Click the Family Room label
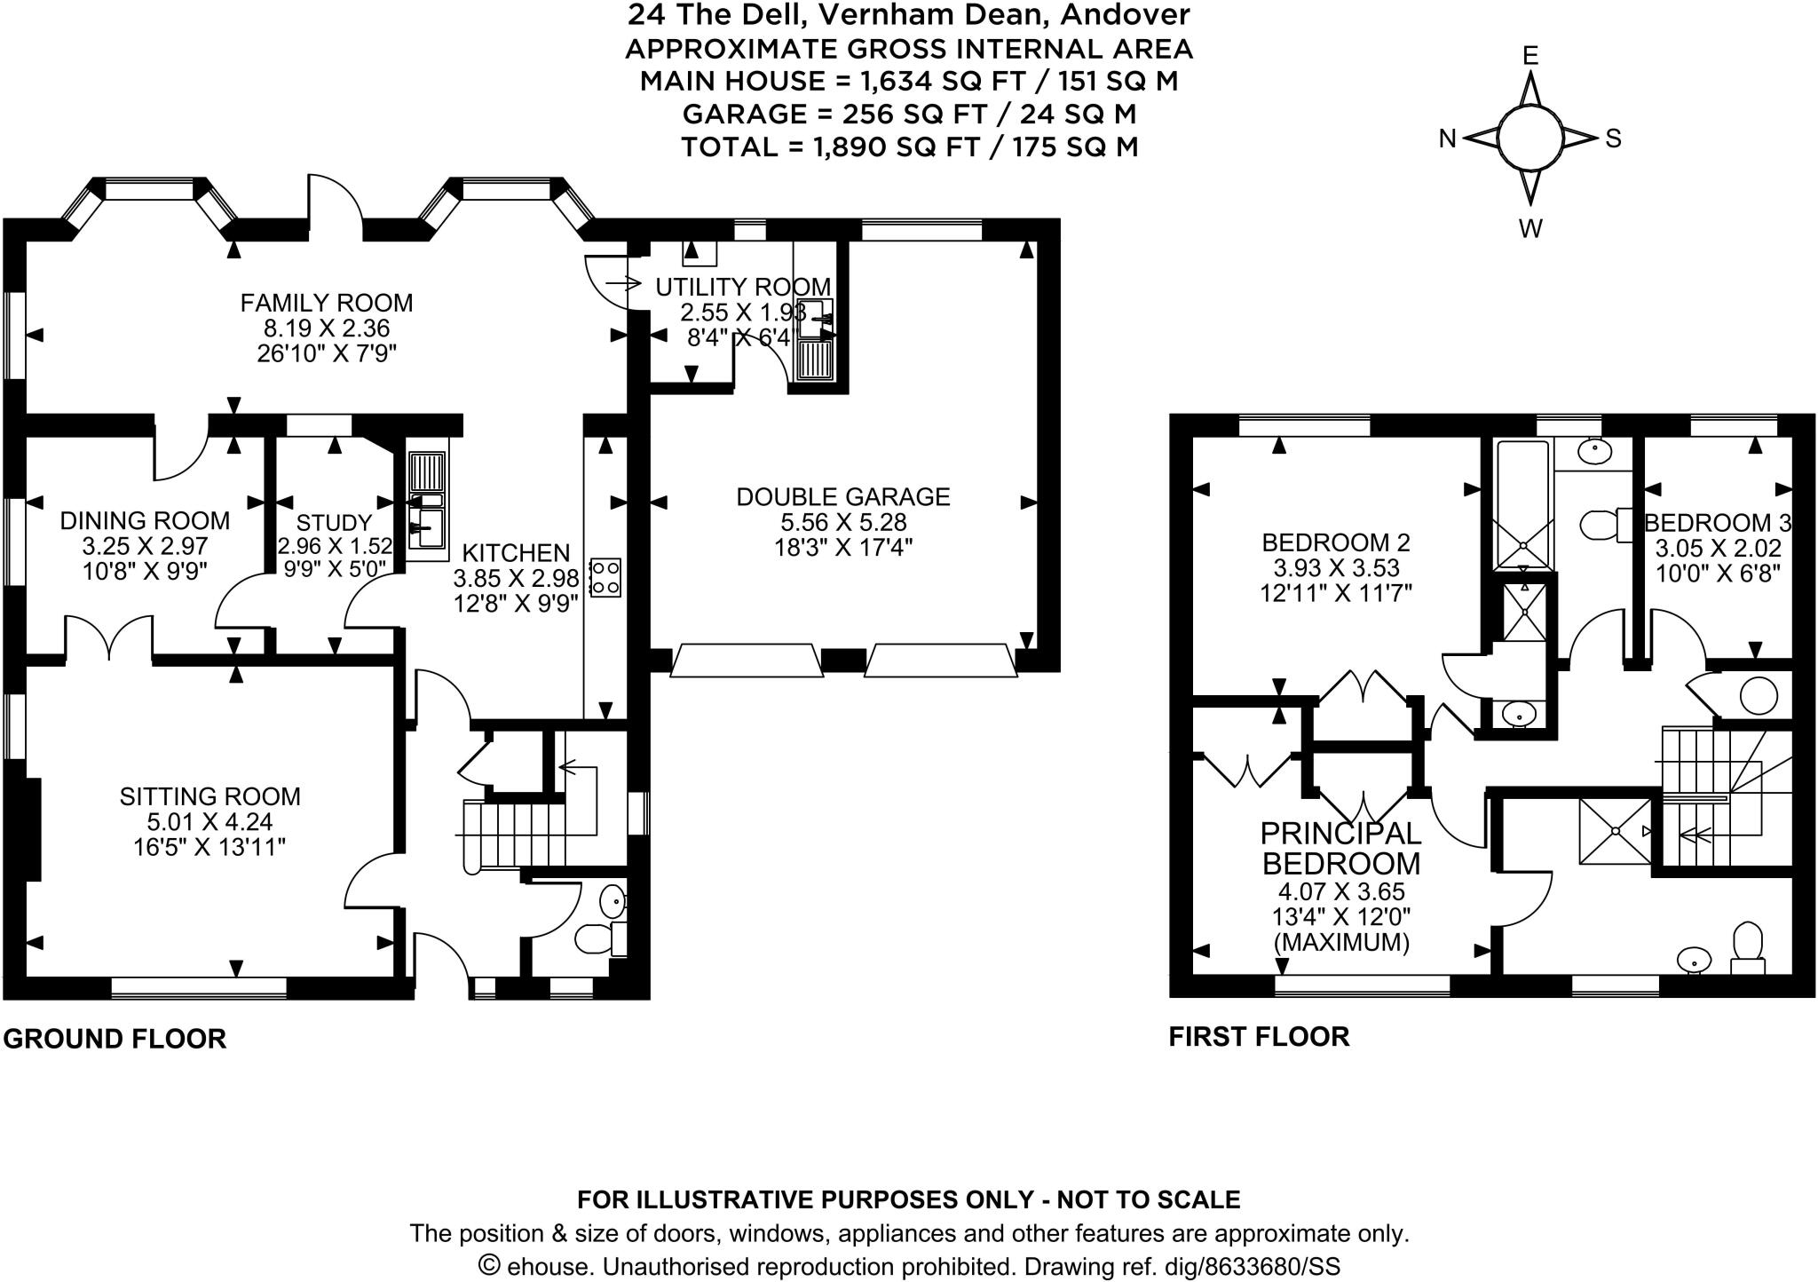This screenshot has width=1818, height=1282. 327,303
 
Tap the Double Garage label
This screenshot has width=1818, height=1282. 842,496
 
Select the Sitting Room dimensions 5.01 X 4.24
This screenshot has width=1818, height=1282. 210,821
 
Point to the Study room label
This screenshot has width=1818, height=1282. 334,523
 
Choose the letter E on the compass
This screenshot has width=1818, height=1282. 1530,56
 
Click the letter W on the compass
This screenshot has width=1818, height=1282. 1530,228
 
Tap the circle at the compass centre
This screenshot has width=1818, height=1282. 1529,138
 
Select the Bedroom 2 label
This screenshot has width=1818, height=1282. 1335,542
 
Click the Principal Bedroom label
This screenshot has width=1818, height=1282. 1340,848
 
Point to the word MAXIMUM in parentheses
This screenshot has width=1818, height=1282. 1341,942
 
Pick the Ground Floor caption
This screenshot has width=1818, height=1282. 115,1038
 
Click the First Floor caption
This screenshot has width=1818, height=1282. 1259,1036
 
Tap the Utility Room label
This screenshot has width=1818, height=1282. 743,287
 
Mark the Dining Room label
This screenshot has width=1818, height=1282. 145,520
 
